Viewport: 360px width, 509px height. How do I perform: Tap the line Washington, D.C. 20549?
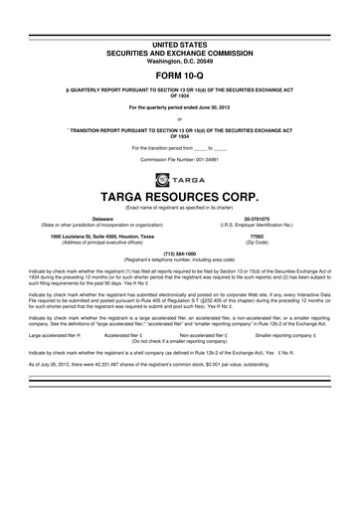click(x=180, y=31)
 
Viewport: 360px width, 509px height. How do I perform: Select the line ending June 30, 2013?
click(x=180, y=104)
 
